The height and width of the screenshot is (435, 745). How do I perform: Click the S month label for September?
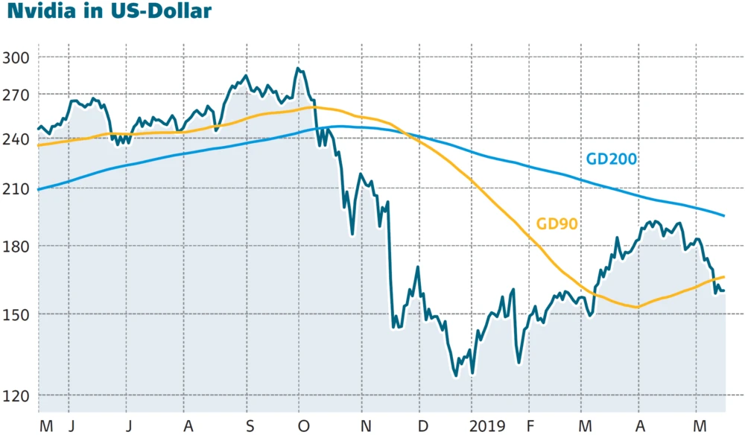click(x=250, y=425)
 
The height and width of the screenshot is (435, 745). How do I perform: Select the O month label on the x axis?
click(x=302, y=425)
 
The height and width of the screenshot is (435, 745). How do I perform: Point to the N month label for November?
click(x=364, y=425)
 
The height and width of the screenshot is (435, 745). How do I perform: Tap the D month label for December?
click(x=423, y=425)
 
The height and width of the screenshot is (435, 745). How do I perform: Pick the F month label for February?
click(x=530, y=425)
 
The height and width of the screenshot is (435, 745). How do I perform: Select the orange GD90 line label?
click(x=558, y=223)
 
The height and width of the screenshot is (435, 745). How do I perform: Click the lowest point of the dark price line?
click(x=455, y=375)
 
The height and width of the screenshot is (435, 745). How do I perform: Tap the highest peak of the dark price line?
click(x=297, y=69)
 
